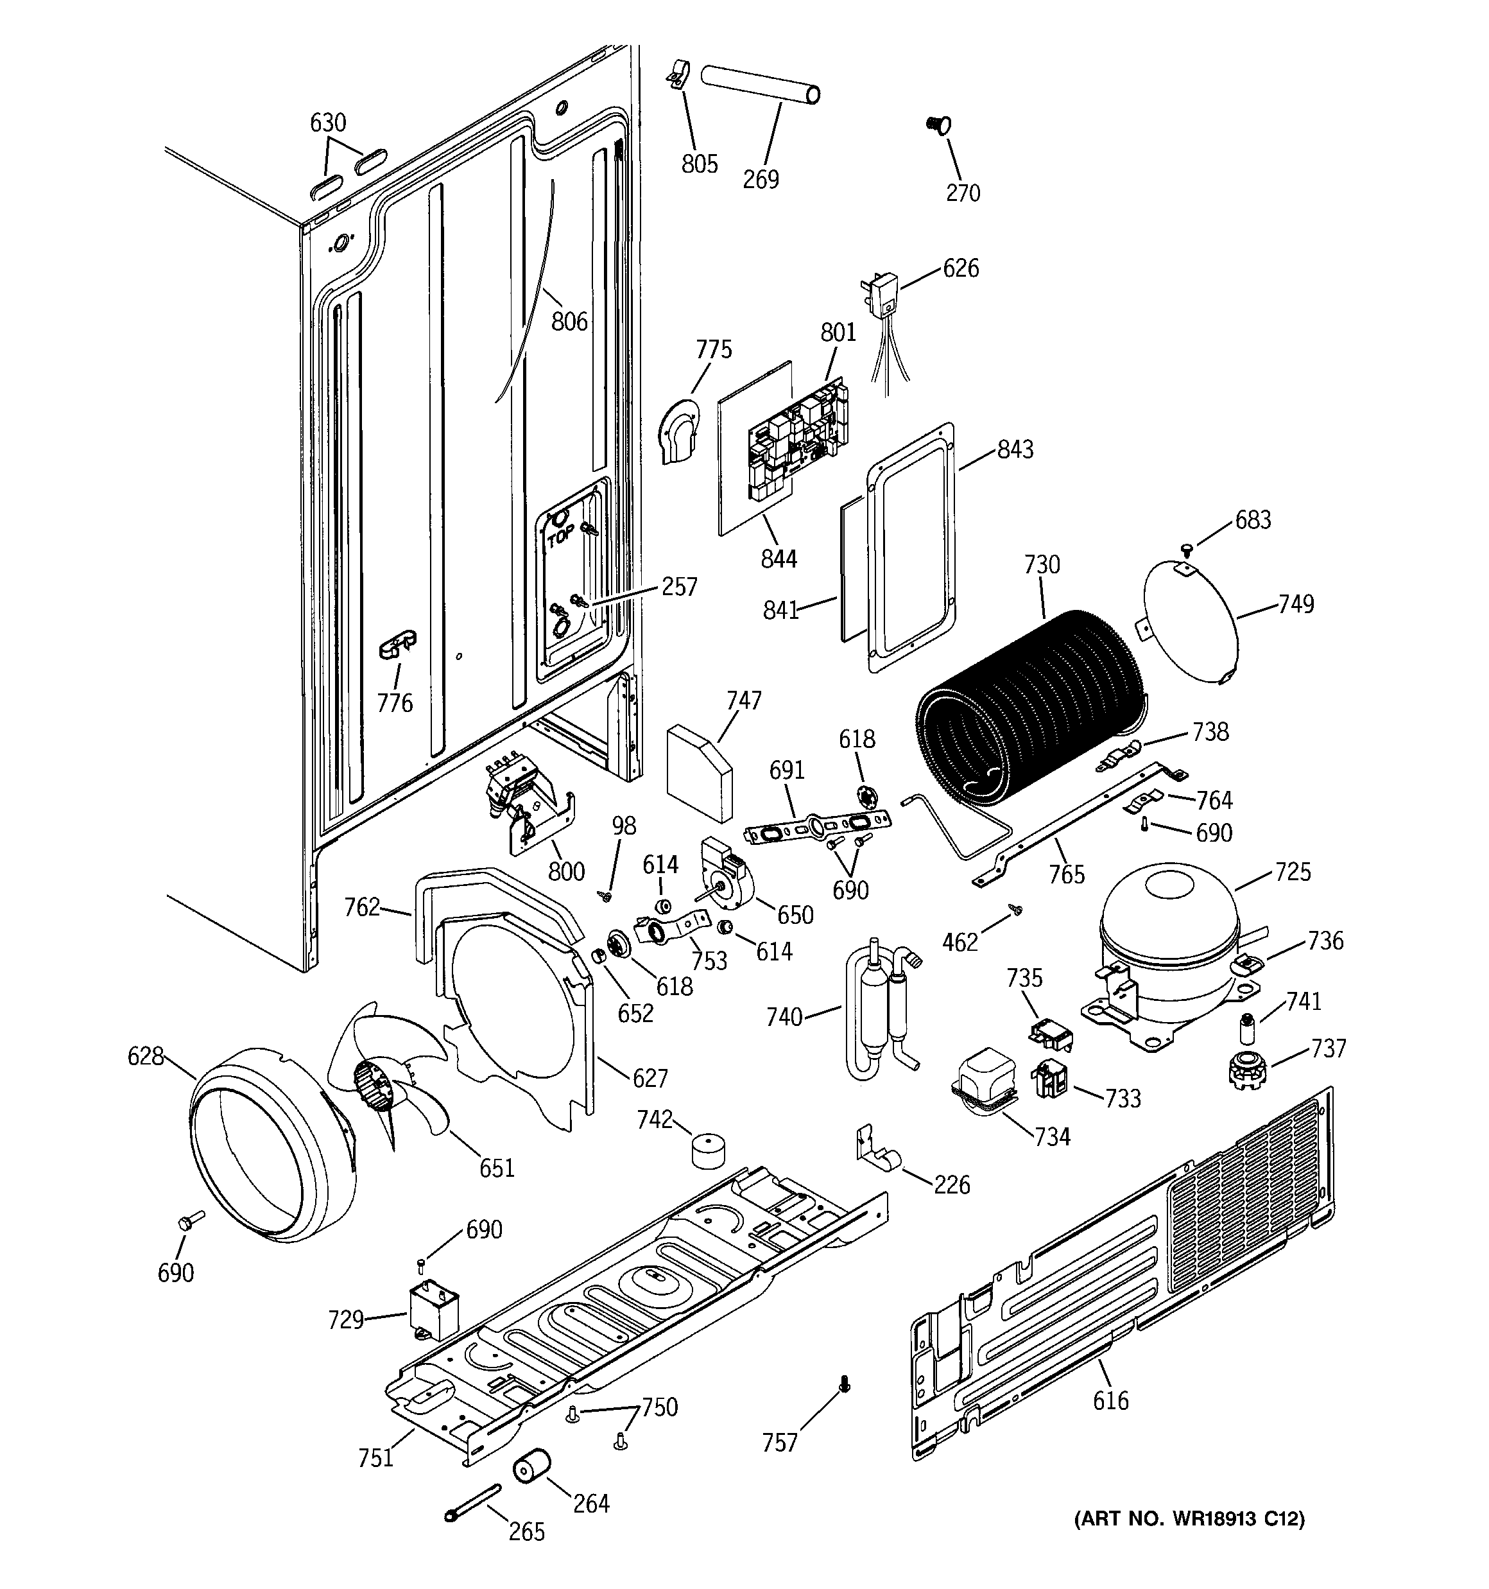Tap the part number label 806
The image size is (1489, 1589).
(x=569, y=322)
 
